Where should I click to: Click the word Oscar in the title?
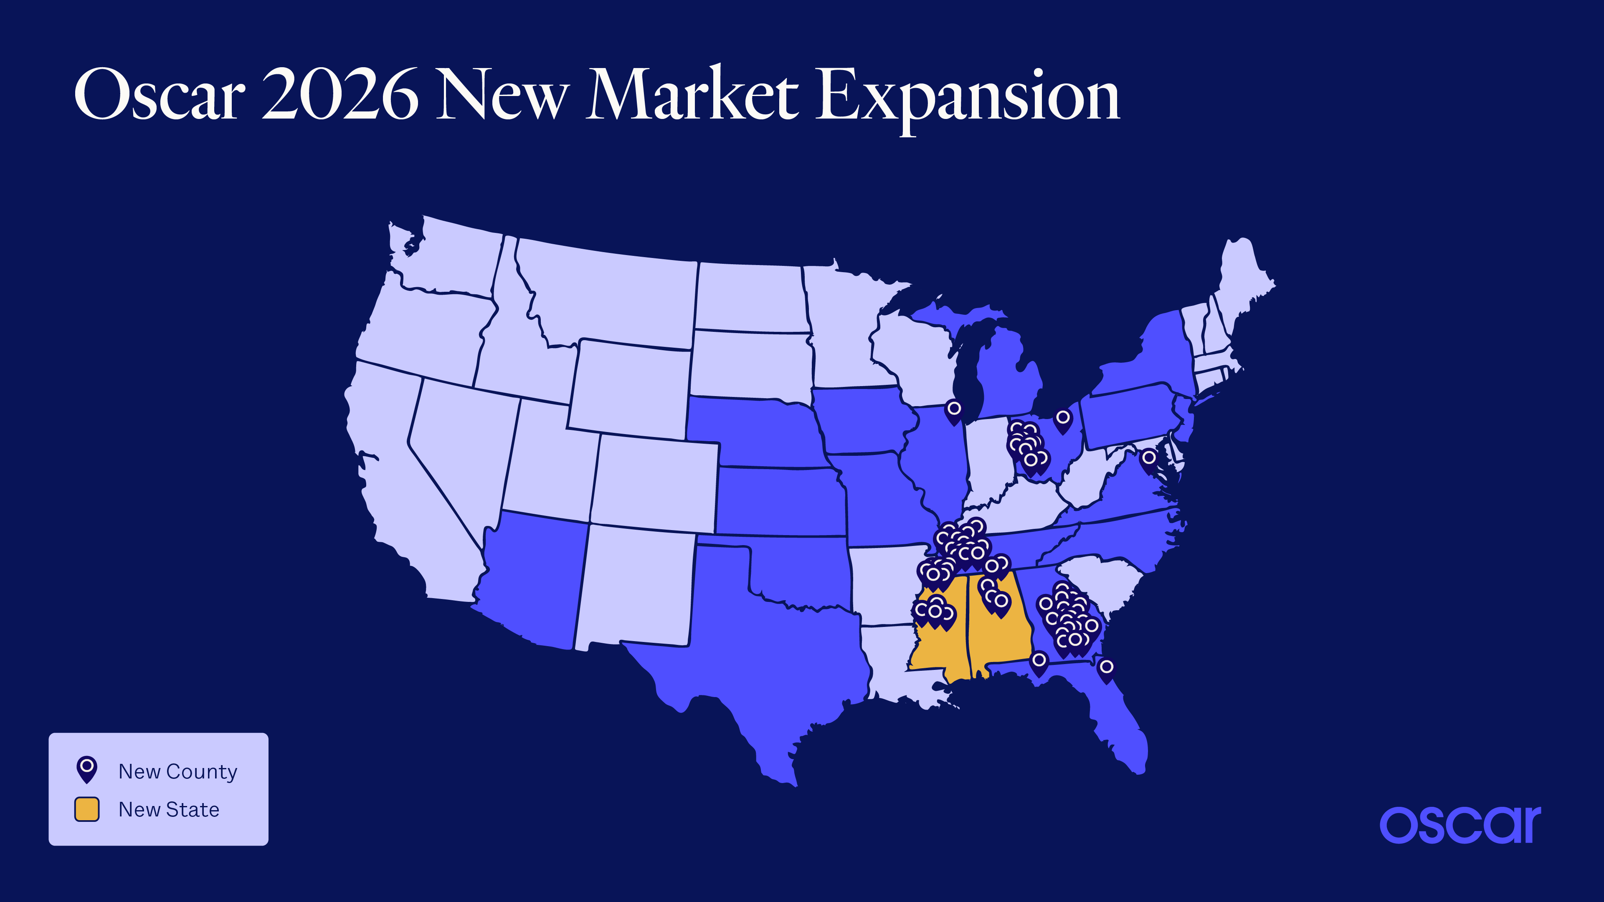(160, 95)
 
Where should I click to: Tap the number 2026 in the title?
(340, 95)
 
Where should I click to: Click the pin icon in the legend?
(86, 769)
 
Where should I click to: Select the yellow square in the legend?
(86, 809)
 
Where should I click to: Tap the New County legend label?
(177, 771)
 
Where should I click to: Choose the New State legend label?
(169, 809)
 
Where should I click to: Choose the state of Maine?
(1242, 280)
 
